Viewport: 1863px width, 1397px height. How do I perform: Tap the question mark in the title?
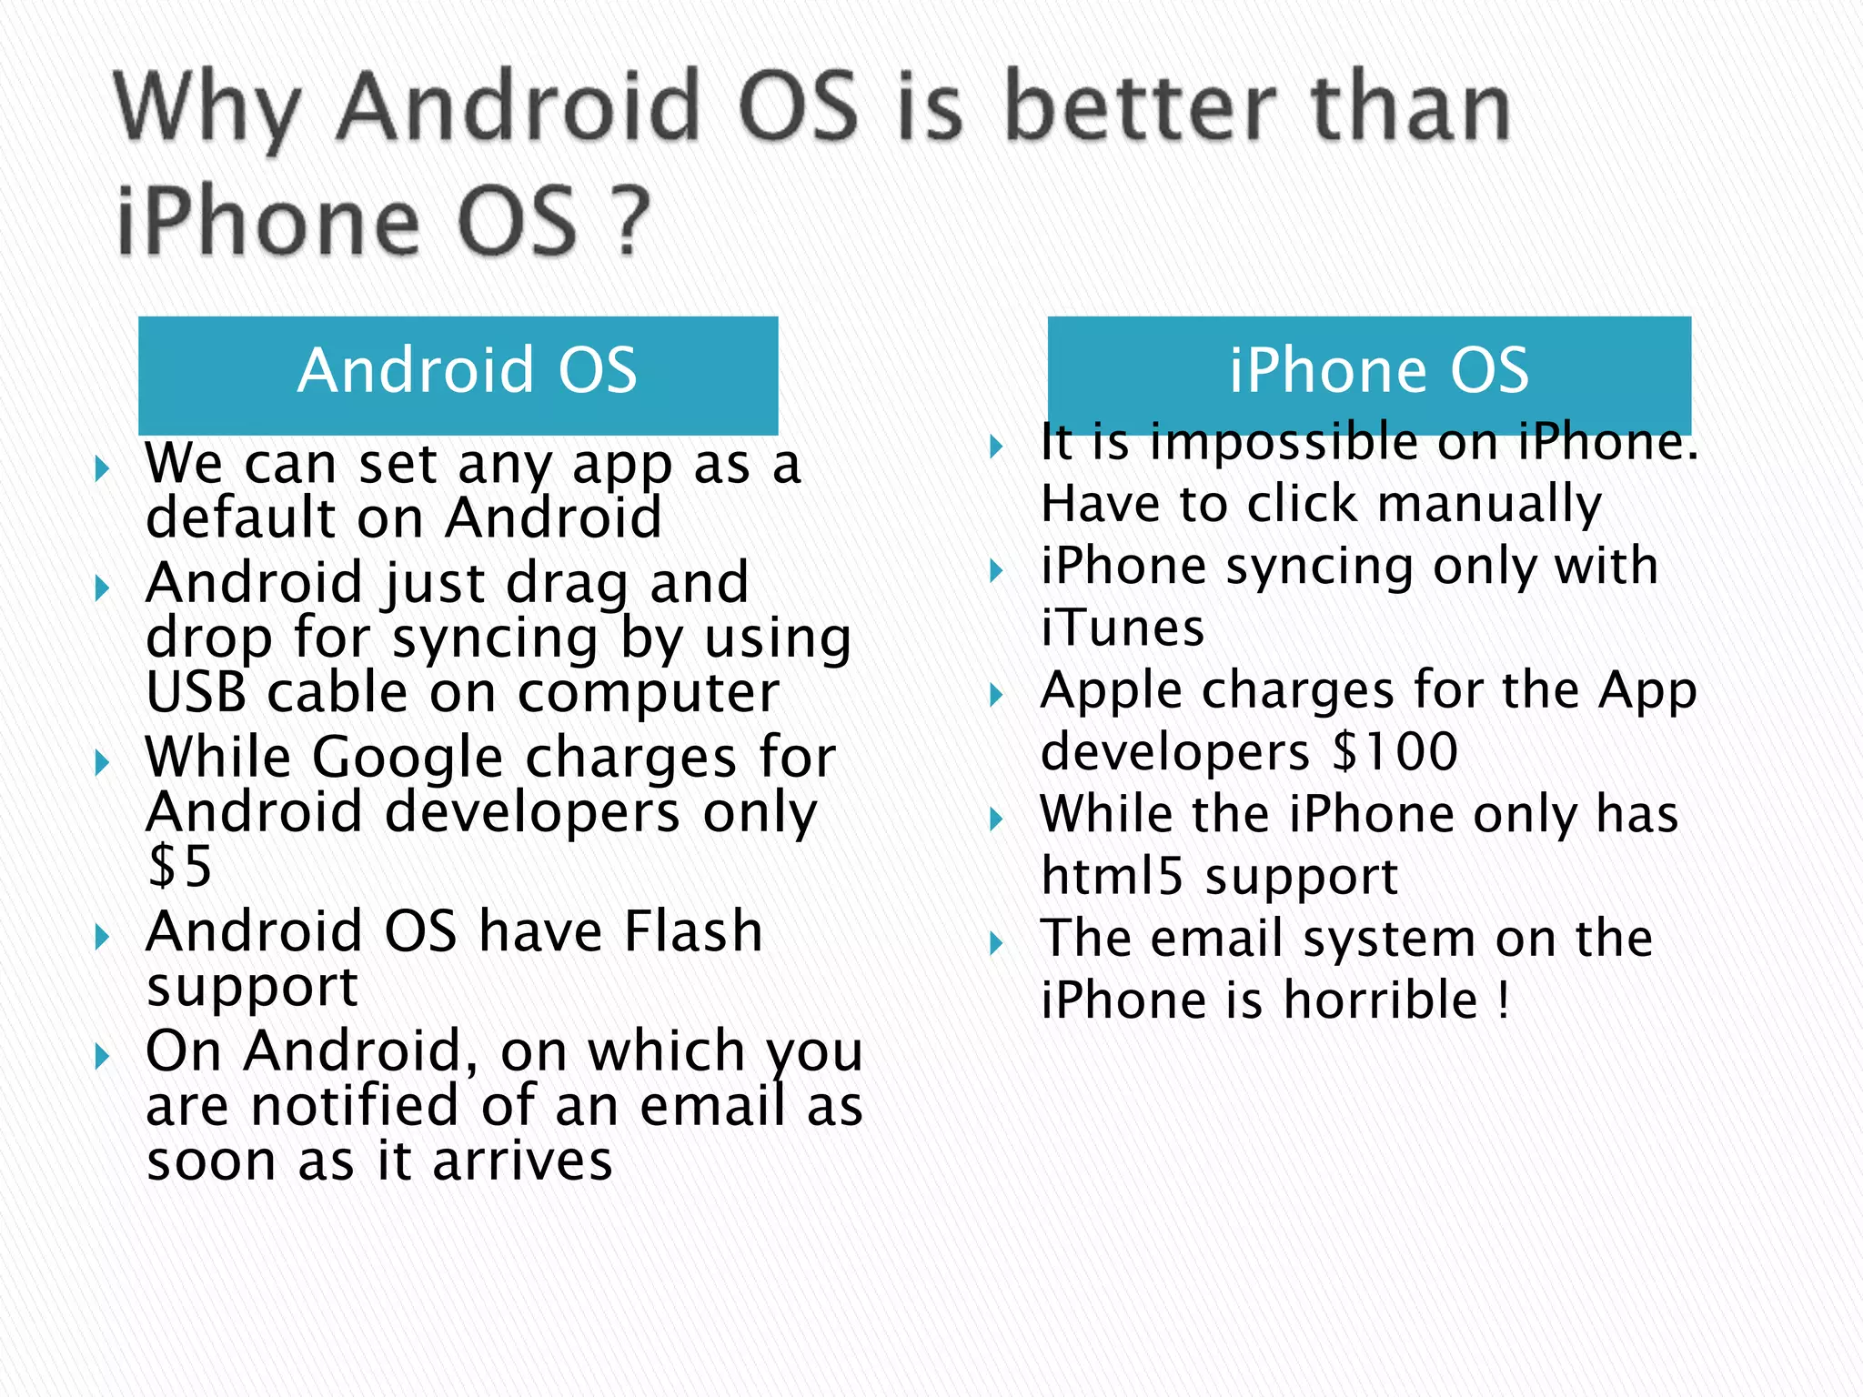[630, 221]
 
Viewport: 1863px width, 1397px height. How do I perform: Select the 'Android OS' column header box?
[458, 374]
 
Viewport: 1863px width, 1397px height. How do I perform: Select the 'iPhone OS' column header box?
[1368, 374]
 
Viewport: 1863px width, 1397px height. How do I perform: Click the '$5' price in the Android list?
[180, 866]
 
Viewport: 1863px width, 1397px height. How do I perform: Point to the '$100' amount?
[1395, 752]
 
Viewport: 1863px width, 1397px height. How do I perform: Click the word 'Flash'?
[693, 932]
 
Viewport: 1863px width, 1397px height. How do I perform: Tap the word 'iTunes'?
[1123, 628]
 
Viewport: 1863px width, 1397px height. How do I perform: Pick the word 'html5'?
[1113, 876]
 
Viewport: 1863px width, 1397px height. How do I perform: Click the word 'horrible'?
[1381, 1000]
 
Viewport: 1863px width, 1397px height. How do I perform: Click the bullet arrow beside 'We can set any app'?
[102, 469]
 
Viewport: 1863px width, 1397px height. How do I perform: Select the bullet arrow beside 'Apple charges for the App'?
[997, 696]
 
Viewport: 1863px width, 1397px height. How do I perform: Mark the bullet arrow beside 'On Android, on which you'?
[102, 1057]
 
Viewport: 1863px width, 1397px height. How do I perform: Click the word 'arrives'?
[522, 1161]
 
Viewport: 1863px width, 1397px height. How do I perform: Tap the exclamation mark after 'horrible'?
[1504, 1000]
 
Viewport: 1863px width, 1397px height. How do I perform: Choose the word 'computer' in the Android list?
[648, 693]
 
